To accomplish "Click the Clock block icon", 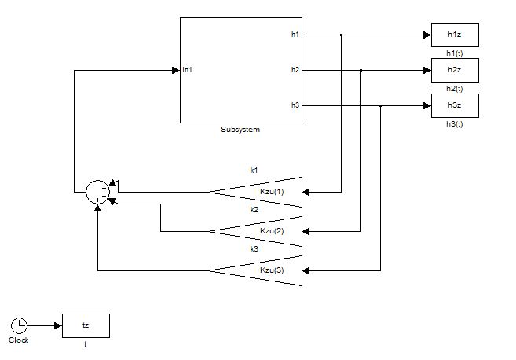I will coord(20,325).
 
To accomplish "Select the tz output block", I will coord(86,325).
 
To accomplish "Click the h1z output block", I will coord(455,35).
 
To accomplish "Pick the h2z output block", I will coord(455,71).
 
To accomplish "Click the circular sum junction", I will coord(98,192).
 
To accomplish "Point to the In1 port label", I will coord(188,71).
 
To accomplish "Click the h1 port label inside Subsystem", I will coord(295,35).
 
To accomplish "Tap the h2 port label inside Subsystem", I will coord(295,71).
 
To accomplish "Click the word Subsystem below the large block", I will coord(240,130).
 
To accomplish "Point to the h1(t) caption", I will coord(455,53).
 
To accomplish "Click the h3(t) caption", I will coord(455,123).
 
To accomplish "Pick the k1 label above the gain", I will coord(254,170).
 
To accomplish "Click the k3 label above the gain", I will coord(254,249).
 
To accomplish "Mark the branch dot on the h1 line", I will coord(342,35).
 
